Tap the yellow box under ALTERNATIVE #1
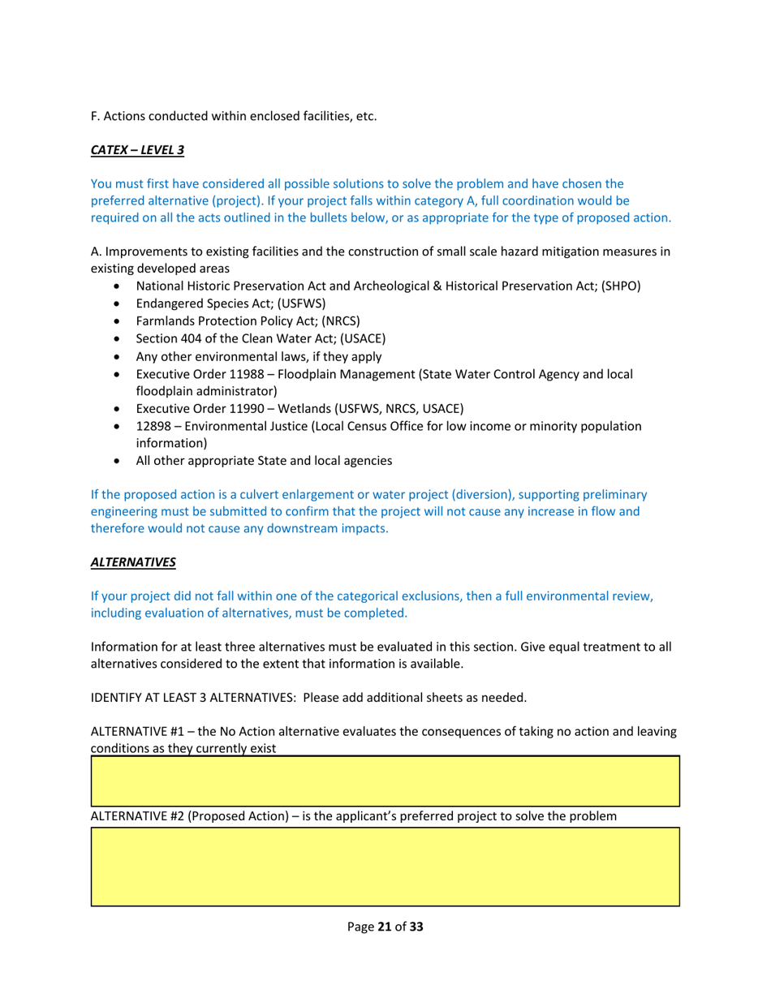point(385,781)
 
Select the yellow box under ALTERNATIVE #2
point(385,866)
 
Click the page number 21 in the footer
point(385,927)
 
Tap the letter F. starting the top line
point(95,116)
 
